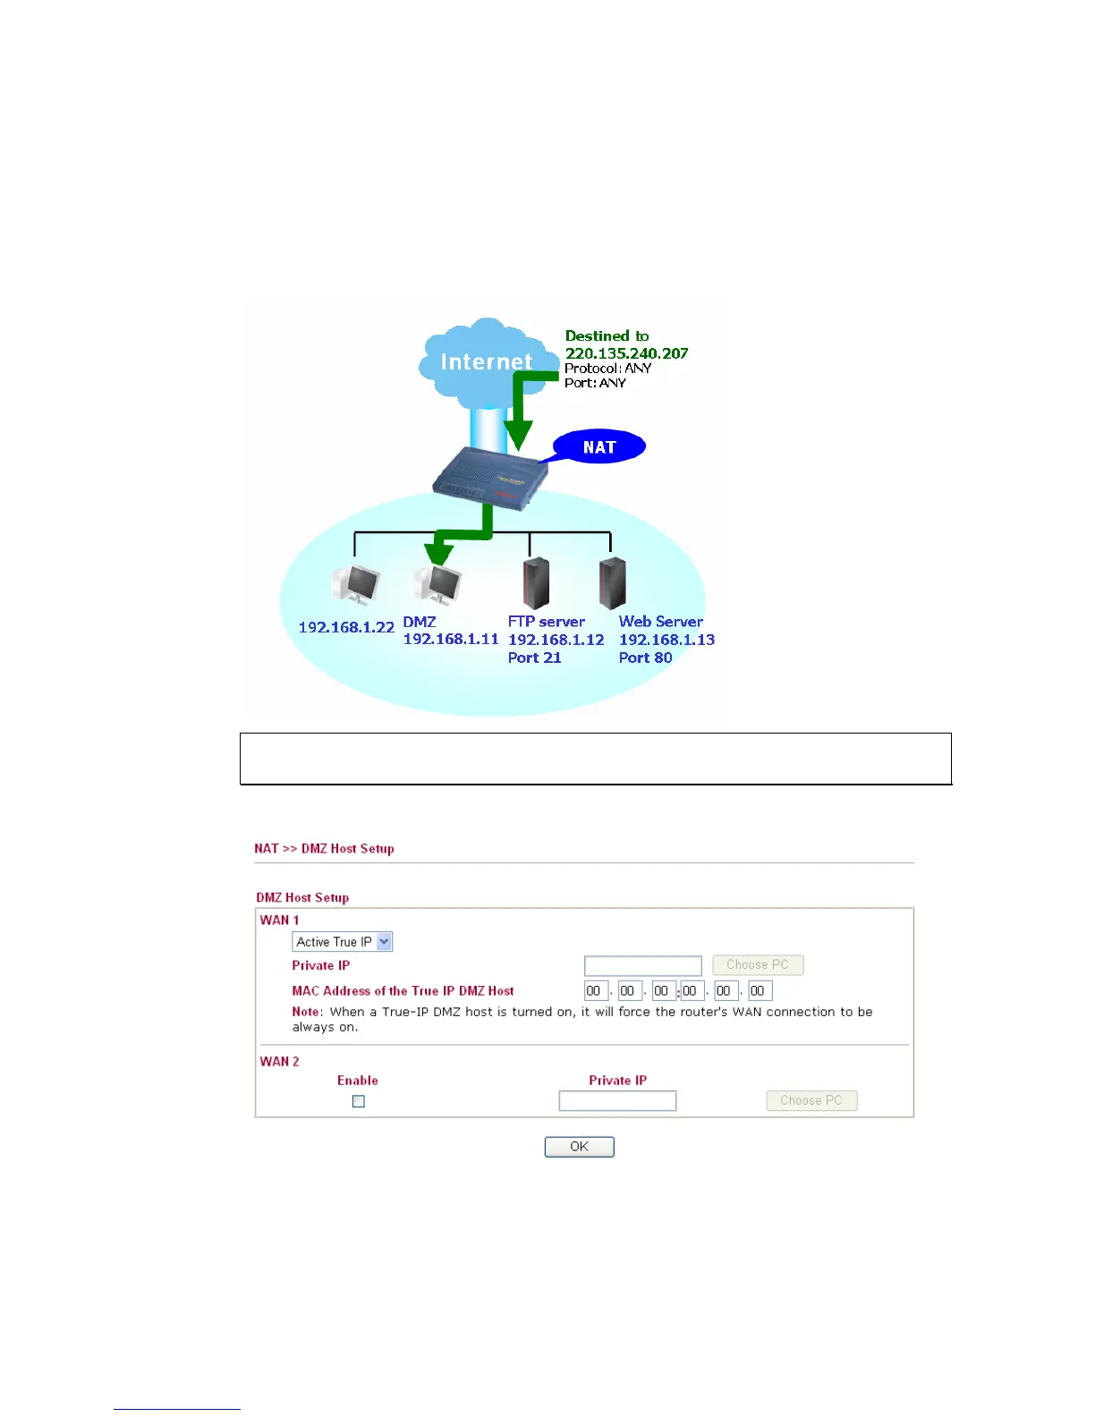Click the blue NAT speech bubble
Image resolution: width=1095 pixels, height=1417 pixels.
[599, 447]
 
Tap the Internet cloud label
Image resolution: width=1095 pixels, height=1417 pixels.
[486, 361]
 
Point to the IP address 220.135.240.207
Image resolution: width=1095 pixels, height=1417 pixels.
[626, 353]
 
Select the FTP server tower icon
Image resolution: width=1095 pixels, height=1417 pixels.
[535, 582]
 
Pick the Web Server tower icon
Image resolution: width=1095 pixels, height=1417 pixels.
[612, 582]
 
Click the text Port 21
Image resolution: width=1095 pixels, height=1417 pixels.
[534, 658]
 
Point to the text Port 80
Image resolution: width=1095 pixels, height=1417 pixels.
[645, 658]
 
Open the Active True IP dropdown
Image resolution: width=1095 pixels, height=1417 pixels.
[343, 942]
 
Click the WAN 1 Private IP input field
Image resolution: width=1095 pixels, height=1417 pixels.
[642, 966]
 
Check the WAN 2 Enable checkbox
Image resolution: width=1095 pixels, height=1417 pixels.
[359, 1101]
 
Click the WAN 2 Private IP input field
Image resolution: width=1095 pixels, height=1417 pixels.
[617, 1101]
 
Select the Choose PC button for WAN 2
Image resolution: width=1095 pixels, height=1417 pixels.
[811, 1100]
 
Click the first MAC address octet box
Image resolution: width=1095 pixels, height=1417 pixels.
[595, 991]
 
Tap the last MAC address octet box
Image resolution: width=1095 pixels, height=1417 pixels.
[760, 991]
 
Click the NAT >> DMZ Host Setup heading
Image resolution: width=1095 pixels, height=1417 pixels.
[324, 849]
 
